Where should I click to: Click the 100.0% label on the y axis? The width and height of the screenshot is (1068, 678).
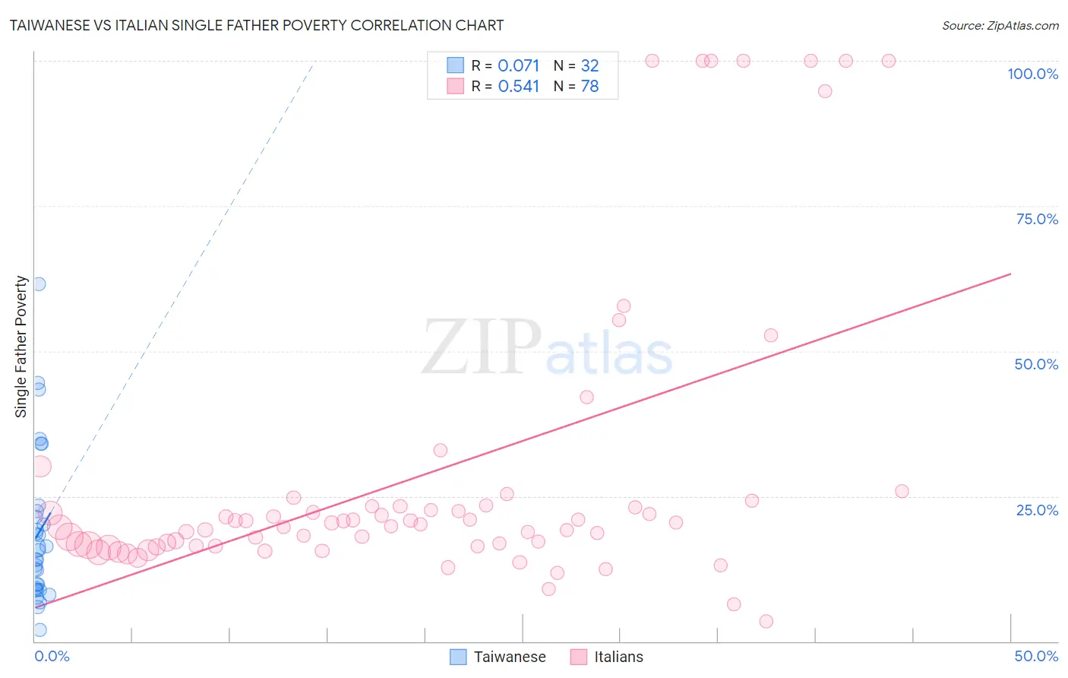(1032, 74)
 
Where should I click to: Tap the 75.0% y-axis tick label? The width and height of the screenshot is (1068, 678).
(1037, 219)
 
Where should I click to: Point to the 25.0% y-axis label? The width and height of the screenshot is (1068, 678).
(1037, 510)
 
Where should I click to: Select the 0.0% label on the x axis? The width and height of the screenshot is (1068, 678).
(52, 656)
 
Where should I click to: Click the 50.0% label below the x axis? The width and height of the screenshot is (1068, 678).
(1036, 656)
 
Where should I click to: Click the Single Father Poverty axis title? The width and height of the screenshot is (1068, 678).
(21, 347)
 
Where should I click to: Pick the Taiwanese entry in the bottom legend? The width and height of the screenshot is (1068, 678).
(510, 657)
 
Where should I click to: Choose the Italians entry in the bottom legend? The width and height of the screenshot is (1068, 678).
(618, 657)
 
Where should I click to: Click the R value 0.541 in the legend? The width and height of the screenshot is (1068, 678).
(519, 87)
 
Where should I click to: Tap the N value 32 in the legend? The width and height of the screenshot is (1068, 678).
(590, 66)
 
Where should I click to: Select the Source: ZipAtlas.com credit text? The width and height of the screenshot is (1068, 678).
(1000, 25)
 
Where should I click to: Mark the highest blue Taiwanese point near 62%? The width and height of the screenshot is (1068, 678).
(39, 284)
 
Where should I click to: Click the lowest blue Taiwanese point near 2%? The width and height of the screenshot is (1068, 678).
(40, 629)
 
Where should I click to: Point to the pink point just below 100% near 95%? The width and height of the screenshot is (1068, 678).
(825, 91)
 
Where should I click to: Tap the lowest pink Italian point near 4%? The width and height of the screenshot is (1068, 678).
(766, 622)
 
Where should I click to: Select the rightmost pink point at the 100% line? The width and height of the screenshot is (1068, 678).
(889, 61)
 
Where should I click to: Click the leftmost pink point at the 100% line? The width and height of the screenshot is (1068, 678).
(652, 61)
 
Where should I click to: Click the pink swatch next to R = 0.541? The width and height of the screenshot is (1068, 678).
(455, 86)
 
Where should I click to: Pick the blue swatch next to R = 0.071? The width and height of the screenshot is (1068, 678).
(455, 65)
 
